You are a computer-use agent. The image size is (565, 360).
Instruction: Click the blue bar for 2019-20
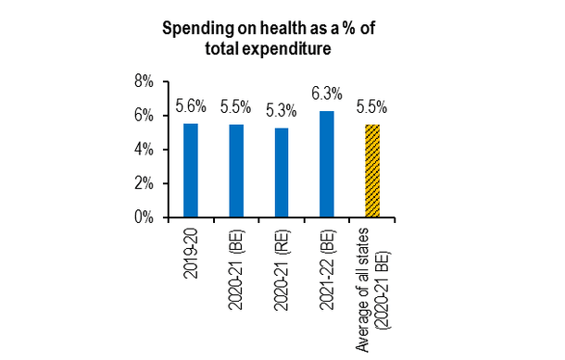click(x=190, y=170)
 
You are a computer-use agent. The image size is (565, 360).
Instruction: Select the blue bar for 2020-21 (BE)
click(x=235, y=171)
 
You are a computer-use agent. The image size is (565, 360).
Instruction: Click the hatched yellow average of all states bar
click(x=372, y=171)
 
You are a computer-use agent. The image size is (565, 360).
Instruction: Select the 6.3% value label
click(x=326, y=94)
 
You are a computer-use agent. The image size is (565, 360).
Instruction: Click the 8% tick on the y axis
click(x=144, y=81)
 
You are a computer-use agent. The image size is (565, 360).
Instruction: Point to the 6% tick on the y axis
click(x=144, y=116)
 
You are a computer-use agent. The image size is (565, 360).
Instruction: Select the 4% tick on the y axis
click(x=144, y=150)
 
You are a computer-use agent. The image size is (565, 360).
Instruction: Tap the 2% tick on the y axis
click(x=144, y=184)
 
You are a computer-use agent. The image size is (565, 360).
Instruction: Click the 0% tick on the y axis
click(x=144, y=218)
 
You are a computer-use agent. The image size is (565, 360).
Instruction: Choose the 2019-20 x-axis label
click(x=191, y=251)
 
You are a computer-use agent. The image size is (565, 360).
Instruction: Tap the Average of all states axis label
click(x=372, y=278)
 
